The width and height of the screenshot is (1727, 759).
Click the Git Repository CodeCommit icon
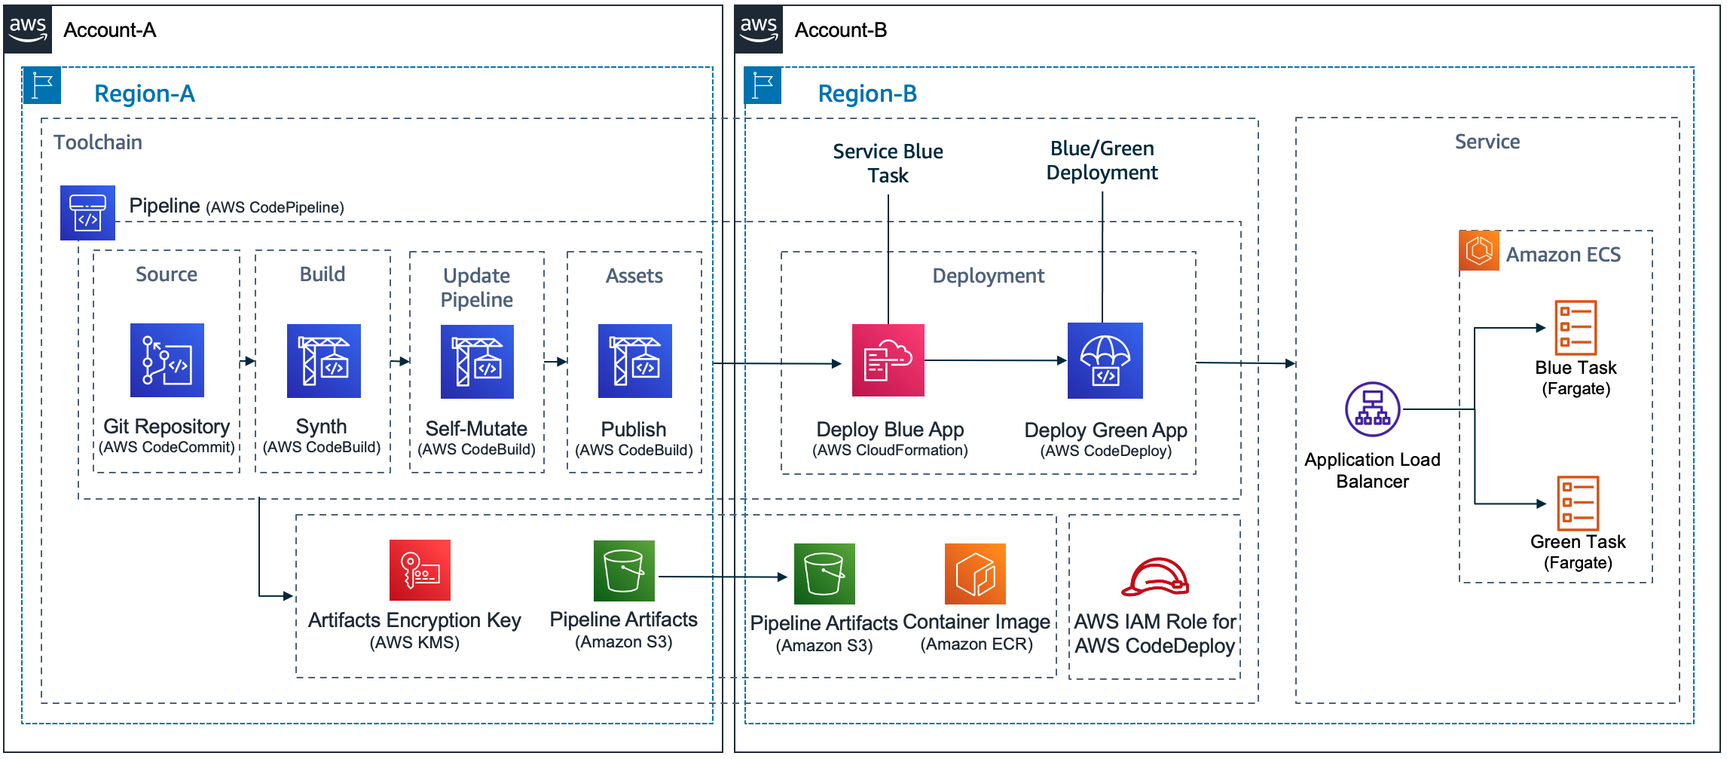tap(167, 360)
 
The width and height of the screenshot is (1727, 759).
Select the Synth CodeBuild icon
tap(323, 360)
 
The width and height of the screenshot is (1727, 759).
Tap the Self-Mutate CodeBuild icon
tap(477, 361)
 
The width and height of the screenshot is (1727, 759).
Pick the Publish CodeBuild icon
tap(634, 360)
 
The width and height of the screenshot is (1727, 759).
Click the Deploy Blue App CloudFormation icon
tap(888, 360)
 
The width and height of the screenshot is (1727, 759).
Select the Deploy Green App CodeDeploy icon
tap(1105, 360)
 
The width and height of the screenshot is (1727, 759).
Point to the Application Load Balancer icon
tap(1372, 409)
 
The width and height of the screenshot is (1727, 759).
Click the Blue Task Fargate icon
tap(1576, 327)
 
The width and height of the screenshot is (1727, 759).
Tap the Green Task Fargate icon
tap(1578, 503)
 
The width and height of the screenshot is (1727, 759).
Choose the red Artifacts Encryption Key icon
tap(420, 570)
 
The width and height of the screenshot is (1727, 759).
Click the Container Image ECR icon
tap(975, 574)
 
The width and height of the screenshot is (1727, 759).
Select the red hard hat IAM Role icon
tap(1154, 577)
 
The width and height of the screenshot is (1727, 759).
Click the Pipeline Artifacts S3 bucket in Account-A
tap(624, 571)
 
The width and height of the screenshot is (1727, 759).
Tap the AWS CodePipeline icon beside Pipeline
tap(87, 213)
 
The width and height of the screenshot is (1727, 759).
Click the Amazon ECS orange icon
tap(1478, 250)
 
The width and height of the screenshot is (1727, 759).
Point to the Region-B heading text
tap(867, 93)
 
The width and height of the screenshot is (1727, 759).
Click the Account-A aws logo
tap(28, 29)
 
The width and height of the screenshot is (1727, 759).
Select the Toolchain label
tap(98, 142)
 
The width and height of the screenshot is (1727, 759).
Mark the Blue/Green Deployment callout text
tap(1102, 161)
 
